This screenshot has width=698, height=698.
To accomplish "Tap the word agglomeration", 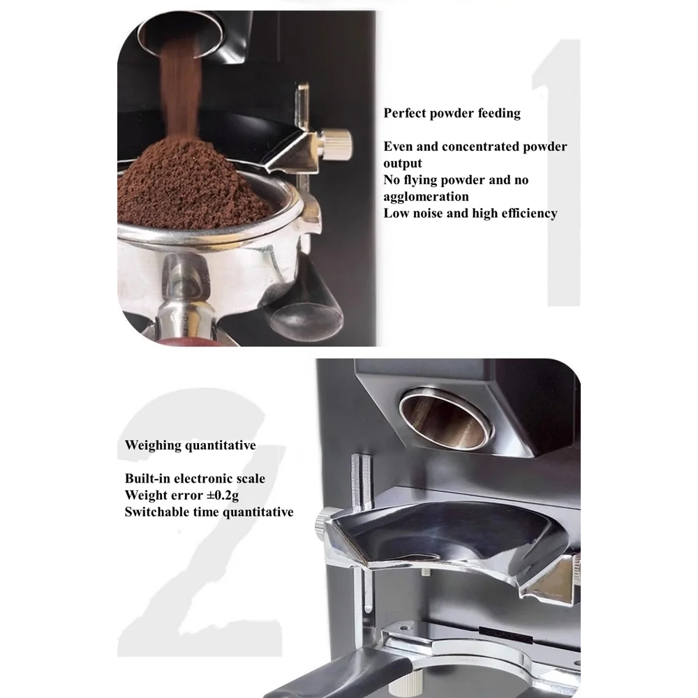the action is tap(426, 197).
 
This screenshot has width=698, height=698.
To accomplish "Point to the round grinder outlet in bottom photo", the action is tap(445, 418).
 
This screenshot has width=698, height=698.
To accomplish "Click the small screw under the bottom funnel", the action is tap(426, 571).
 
